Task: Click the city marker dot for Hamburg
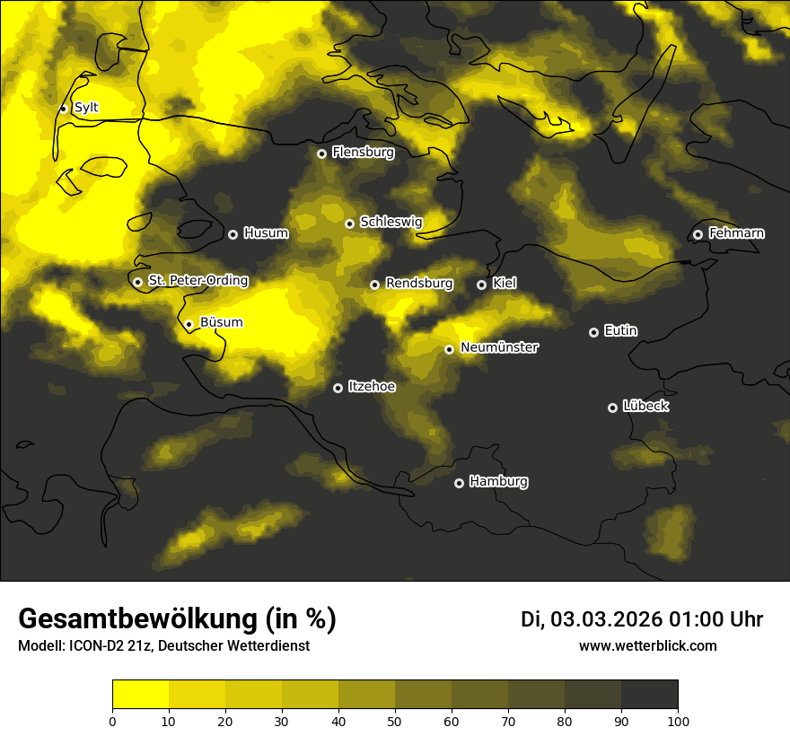coord(459,483)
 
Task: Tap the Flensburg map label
coord(363,153)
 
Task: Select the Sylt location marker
coord(63,109)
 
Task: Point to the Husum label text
coord(266,233)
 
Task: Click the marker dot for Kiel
coord(481,285)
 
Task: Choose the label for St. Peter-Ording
coord(197,280)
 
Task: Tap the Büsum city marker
coord(189,324)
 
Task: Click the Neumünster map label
coord(499,347)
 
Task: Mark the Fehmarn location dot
coord(698,234)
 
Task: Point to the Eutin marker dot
coord(593,332)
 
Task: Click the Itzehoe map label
coord(372,386)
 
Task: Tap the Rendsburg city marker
coord(374,285)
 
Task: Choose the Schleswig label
coord(391,222)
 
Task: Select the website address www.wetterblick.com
coord(647,645)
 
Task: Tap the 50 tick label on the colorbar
coord(395,721)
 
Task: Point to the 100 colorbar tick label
coord(678,721)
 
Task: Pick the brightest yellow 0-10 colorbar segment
coord(140,695)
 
